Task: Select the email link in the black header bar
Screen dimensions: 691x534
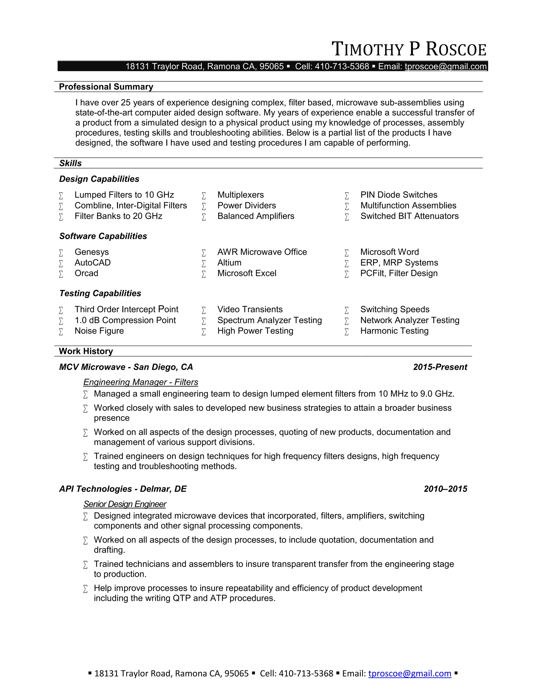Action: click(445, 66)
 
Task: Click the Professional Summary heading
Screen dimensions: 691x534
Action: click(106, 87)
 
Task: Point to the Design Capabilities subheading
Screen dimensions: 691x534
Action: click(99, 179)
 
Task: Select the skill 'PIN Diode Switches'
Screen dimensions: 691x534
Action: click(399, 195)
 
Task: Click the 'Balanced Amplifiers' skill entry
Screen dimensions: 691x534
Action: click(256, 216)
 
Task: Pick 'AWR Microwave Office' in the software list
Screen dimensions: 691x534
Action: click(262, 252)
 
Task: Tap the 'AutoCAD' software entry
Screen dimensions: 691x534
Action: click(92, 263)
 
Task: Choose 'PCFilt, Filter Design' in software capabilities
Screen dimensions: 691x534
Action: click(399, 273)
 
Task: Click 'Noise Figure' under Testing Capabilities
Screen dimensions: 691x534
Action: click(99, 331)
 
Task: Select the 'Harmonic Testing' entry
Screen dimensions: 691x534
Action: click(394, 331)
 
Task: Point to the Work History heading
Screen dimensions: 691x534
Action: click(86, 351)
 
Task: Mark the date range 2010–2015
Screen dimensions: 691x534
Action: click(445, 489)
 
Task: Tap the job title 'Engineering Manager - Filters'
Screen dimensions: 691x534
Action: click(141, 382)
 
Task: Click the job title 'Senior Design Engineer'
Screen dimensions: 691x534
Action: click(125, 504)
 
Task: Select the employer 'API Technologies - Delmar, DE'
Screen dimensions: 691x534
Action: click(123, 489)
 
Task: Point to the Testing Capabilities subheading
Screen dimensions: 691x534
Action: click(100, 293)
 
